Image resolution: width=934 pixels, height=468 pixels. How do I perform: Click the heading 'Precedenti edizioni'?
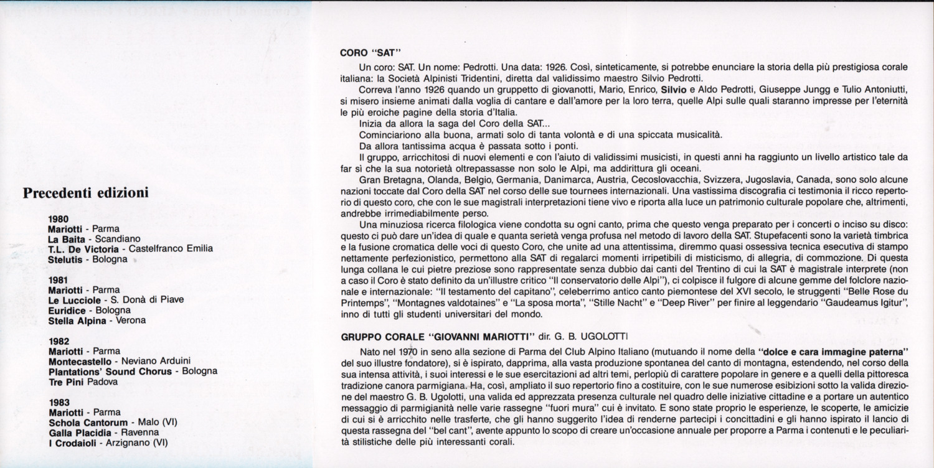85,193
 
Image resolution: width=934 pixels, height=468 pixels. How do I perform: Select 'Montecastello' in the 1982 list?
80,361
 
